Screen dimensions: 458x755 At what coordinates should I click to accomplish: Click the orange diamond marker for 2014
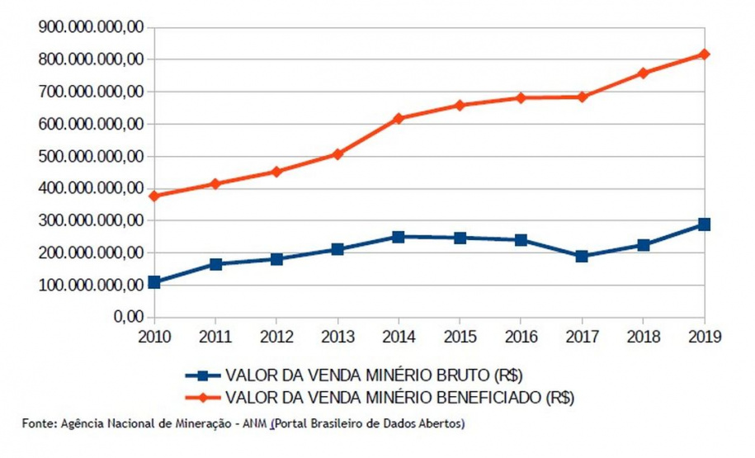(x=399, y=118)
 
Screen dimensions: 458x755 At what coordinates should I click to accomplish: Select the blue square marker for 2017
(x=582, y=256)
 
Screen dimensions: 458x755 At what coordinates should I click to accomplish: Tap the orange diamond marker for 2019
(x=704, y=54)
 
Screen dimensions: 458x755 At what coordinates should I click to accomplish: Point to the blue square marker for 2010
(x=154, y=282)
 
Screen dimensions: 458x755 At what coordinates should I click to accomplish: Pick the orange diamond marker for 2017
(x=582, y=97)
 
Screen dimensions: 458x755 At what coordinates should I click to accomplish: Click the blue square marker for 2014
(x=399, y=237)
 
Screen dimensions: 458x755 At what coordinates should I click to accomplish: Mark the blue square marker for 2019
(x=704, y=224)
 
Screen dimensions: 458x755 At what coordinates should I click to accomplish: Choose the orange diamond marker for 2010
(x=154, y=196)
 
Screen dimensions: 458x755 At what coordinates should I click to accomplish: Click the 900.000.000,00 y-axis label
(x=92, y=27)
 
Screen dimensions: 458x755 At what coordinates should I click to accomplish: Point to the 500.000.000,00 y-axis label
(x=92, y=157)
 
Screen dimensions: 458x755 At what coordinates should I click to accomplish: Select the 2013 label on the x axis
(x=337, y=336)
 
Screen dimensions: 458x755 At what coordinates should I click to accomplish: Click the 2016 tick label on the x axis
(x=521, y=336)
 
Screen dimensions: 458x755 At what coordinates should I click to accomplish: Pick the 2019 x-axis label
(x=704, y=336)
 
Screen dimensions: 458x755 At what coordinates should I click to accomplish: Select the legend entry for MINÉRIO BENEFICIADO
(x=398, y=397)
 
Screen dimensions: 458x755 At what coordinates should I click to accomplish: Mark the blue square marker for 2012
(x=276, y=258)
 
